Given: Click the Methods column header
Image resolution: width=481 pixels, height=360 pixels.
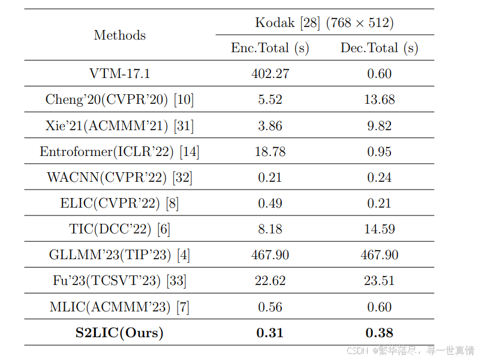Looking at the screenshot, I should pos(119,35).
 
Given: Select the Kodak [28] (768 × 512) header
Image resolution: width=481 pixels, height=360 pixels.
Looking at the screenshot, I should pos(324,23).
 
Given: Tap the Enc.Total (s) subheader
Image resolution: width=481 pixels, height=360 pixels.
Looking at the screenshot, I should pos(270,48).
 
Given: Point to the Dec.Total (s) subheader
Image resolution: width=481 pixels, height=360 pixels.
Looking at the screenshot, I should pos(379,48).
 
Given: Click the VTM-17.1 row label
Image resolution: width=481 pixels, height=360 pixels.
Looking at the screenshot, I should pos(119,74).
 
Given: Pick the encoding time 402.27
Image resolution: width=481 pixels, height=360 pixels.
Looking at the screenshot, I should pos(270,74).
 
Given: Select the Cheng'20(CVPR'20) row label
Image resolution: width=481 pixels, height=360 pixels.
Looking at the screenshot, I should pos(119,100).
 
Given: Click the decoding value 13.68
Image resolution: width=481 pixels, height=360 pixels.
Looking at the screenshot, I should pos(379,100).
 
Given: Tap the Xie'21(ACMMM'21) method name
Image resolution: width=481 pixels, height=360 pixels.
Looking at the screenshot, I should pos(119,125).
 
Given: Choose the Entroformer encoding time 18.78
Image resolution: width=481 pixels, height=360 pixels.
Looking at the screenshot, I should pos(270,152).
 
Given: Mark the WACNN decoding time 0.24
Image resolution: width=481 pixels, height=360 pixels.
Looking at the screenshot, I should pos(379,178).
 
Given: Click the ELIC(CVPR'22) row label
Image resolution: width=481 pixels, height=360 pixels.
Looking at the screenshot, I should pos(119,203).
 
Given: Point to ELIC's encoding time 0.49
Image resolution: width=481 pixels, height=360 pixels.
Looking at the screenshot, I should pos(270,203).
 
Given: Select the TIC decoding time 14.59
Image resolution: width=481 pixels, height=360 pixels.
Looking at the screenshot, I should pos(379,229).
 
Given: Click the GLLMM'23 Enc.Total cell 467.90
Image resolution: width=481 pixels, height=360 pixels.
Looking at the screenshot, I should pos(270,255).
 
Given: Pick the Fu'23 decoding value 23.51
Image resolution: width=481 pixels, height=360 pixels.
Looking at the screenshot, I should pos(379,281).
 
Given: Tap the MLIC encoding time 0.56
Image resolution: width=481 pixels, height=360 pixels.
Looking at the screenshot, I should pos(270,307).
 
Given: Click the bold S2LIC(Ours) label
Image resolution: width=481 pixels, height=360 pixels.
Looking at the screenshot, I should pos(119,332).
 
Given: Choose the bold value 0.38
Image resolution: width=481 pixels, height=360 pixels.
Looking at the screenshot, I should pos(379,332).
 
